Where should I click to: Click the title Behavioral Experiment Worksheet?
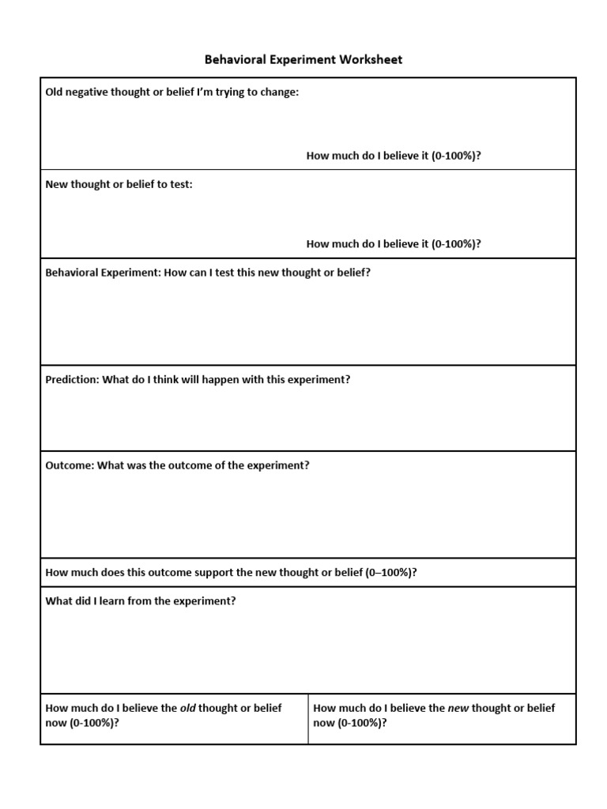tap(303, 60)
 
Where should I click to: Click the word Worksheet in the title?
tap(372, 60)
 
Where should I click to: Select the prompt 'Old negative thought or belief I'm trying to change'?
tap(172, 92)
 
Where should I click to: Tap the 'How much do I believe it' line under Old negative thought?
tap(393, 156)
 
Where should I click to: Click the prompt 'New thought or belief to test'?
tap(119, 184)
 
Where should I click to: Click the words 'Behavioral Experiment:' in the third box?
tap(103, 273)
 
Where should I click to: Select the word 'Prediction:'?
tap(73, 379)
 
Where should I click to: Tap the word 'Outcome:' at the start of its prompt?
tap(70, 465)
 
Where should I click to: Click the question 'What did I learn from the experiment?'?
tap(141, 601)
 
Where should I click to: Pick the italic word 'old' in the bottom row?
tap(187, 709)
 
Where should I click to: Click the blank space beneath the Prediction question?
tap(307, 419)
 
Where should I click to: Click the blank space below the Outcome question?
tap(307, 514)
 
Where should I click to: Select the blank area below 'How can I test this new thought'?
tap(307, 324)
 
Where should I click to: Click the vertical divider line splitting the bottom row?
tap(308, 719)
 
